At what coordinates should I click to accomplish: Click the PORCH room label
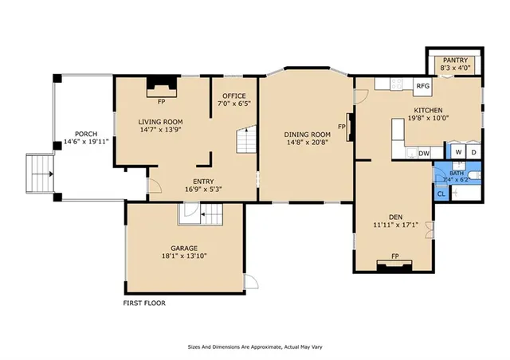click(x=86, y=134)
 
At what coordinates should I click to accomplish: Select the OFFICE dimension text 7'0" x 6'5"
click(x=234, y=104)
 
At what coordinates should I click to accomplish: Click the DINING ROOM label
click(x=308, y=135)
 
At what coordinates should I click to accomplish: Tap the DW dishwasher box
click(x=424, y=153)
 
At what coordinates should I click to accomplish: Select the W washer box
click(x=457, y=152)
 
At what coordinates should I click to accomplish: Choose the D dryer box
click(x=473, y=152)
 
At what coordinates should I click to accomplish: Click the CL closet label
click(x=441, y=193)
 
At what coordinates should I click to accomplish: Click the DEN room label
click(x=394, y=217)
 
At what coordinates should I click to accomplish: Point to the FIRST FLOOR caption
click(x=149, y=303)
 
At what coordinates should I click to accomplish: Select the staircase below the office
click(x=248, y=142)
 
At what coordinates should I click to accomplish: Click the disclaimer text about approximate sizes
click(x=255, y=346)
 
